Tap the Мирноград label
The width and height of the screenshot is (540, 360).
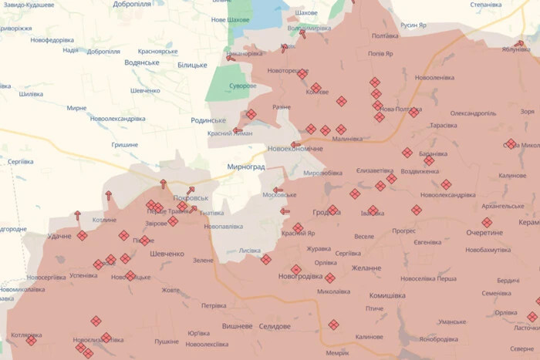(x=246, y=167)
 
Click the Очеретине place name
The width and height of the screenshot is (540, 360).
(x=489, y=232)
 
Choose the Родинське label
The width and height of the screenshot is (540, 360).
(x=208, y=120)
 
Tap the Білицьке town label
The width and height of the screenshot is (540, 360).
(x=192, y=65)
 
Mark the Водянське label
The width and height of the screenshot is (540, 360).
(x=141, y=62)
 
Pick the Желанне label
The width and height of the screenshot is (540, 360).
(x=366, y=267)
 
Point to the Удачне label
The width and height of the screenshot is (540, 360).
(x=60, y=236)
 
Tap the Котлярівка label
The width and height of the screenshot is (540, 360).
(x=27, y=335)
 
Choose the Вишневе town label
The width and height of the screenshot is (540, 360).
(x=237, y=326)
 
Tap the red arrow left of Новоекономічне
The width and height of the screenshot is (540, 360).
(x=295, y=144)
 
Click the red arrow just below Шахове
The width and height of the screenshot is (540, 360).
(x=303, y=33)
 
